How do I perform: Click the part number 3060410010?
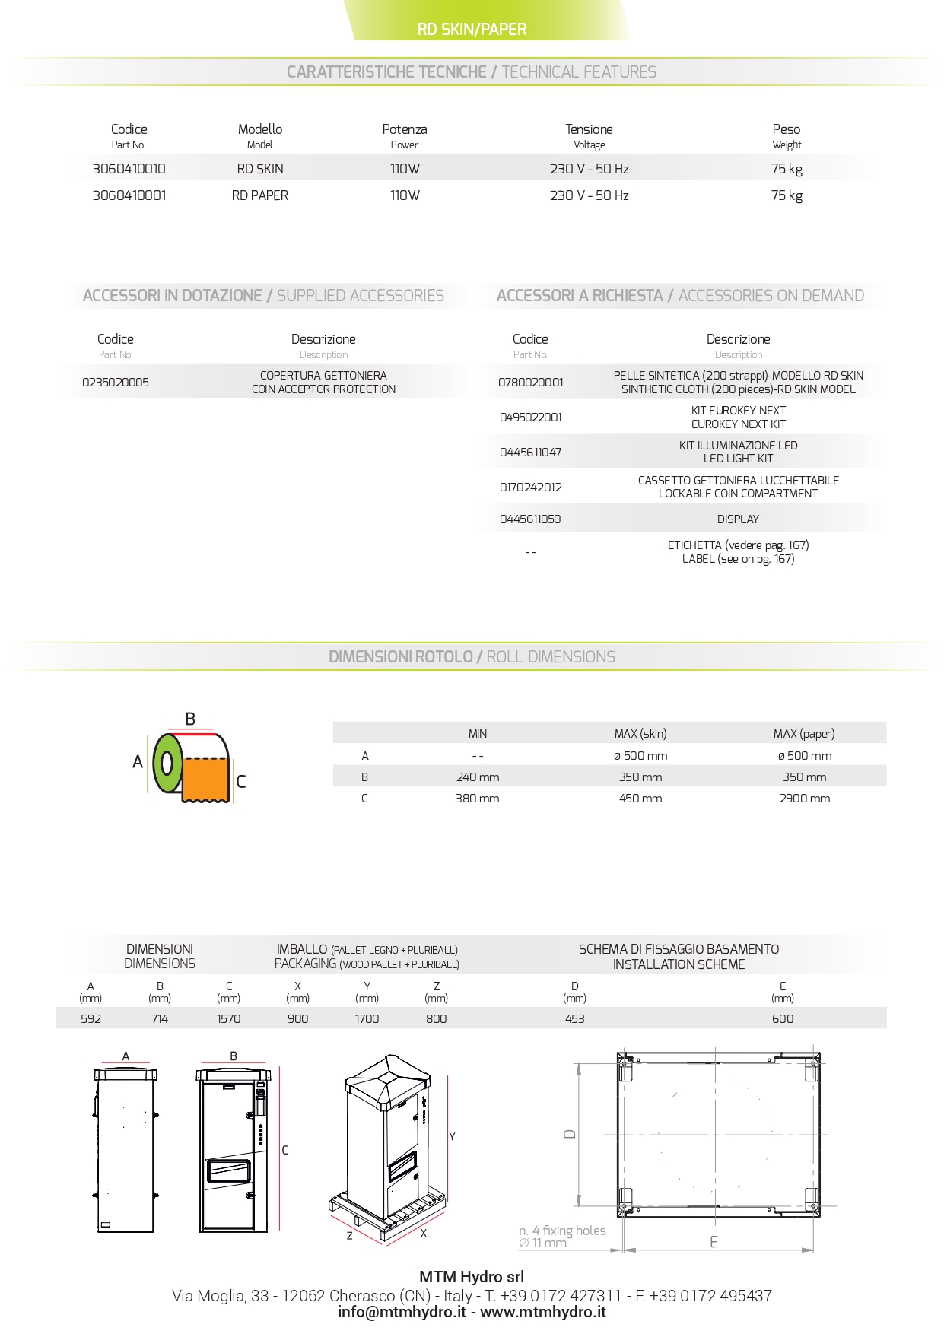[x=129, y=169]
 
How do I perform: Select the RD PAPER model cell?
[x=259, y=195]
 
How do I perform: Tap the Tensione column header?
[x=589, y=129]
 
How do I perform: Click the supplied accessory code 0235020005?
[x=116, y=383]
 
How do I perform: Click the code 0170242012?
[x=530, y=488]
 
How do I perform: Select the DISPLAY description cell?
[x=738, y=519]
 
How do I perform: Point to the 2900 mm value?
[x=804, y=799]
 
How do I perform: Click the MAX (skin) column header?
[x=640, y=734]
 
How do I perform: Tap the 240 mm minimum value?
[x=477, y=777]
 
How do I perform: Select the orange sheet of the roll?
[x=205, y=777]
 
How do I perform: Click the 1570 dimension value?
[x=228, y=1019]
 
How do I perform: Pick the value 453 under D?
[x=574, y=1019]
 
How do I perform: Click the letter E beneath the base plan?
[x=714, y=1242]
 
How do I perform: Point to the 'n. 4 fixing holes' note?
[x=562, y=1231]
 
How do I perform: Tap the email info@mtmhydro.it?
[x=402, y=1312]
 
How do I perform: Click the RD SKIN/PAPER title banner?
[x=472, y=30]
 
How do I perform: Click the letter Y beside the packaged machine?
[x=452, y=1137]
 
